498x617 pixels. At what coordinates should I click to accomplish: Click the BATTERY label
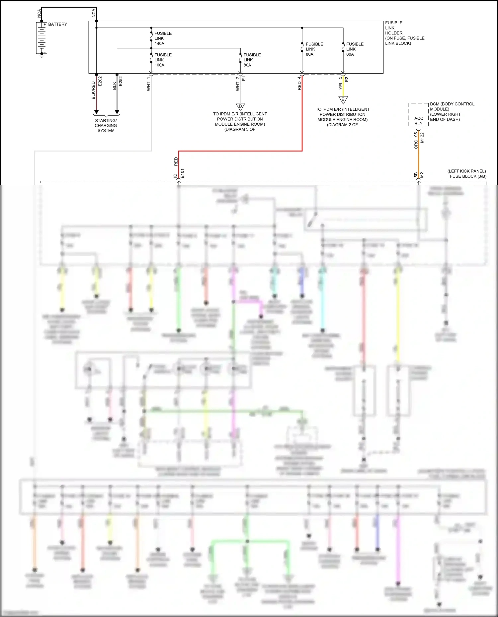pos(57,24)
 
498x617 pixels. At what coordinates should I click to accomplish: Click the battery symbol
pos(41,38)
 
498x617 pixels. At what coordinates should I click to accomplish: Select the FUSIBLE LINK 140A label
pos(163,38)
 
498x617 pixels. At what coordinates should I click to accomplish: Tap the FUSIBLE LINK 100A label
pos(163,60)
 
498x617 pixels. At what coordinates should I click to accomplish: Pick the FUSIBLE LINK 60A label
pos(355,49)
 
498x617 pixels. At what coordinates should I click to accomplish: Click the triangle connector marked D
pos(240,107)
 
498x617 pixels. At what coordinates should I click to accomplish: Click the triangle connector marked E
pos(343,100)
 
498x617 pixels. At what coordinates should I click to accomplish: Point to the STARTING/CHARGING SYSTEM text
pos(106,126)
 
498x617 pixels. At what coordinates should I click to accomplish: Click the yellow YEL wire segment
pos(343,88)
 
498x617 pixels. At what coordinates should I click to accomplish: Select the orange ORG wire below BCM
pos(418,156)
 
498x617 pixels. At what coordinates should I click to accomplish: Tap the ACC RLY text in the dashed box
pos(419,121)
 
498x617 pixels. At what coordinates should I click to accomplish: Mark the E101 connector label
pos(182,173)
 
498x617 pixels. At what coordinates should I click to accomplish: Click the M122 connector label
pos(422,138)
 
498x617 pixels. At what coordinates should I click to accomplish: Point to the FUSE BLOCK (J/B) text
pos(468,176)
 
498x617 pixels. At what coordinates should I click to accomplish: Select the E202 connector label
pos(100,81)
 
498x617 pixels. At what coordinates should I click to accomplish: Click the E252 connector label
pos(121,81)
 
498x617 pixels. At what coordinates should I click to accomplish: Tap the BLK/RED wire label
pos(93,90)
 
